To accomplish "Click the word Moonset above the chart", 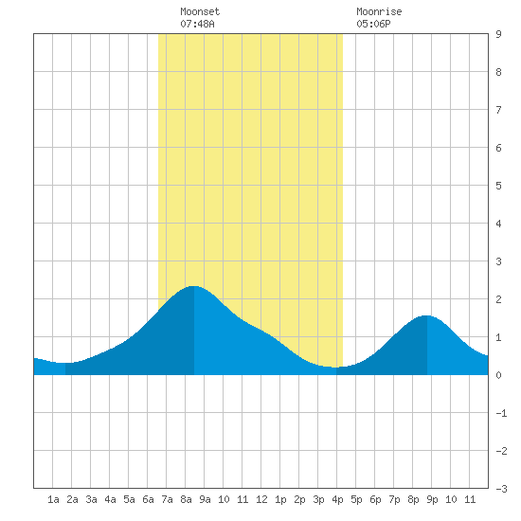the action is [x=200, y=11].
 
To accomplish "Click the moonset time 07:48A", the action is [x=197, y=24].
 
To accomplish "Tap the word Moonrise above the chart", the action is [x=379, y=11].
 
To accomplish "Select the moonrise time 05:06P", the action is [x=373, y=24].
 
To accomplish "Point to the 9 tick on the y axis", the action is [x=498, y=34].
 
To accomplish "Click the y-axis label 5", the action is [x=498, y=186].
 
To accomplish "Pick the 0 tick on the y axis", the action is [x=498, y=375].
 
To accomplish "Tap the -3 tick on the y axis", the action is [x=501, y=489].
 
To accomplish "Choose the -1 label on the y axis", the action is [x=501, y=413].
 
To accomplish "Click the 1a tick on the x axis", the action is [x=53, y=499].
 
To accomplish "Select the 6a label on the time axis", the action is [x=148, y=499].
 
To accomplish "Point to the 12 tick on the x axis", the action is [x=261, y=499].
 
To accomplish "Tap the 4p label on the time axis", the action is [x=337, y=499].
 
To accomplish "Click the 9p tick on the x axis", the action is [x=432, y=499].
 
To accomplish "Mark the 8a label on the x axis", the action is [x=186, y=499].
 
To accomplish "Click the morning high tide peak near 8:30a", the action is [x=193, y=286].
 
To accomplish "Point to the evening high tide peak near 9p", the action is [x=427, y=315].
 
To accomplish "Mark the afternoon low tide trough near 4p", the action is [x=336, y=368].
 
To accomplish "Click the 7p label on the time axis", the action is [x=394, y=499].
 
